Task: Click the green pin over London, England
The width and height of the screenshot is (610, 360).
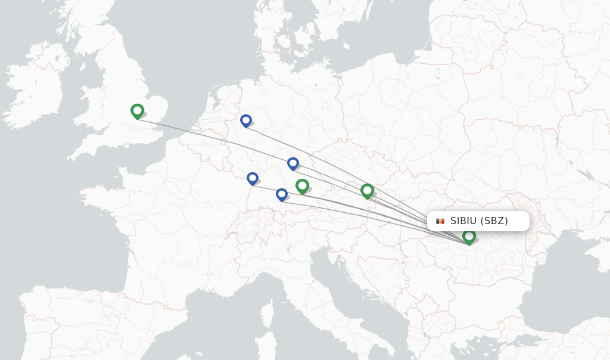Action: coord(137,111)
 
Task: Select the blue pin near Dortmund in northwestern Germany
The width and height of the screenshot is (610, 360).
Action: coord(245,120)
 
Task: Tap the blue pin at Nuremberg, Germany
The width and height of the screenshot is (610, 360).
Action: coord(292,163)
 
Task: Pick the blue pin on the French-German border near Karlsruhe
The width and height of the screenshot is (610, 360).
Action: coord(253,178)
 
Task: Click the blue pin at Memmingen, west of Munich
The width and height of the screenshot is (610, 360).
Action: coord(281,194)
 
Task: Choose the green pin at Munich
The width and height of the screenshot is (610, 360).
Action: coord(302,186)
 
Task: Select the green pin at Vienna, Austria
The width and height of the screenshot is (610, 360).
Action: coord(367,190)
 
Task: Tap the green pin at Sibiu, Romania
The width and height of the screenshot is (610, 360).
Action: coord(469,236)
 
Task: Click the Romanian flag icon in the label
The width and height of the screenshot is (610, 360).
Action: coord(440,221)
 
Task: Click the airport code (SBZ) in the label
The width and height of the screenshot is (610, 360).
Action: coord(494,221)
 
